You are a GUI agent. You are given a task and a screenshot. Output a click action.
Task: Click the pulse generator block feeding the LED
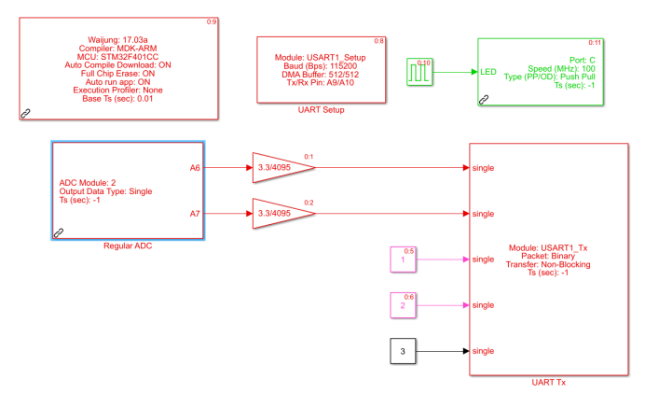[419, 71]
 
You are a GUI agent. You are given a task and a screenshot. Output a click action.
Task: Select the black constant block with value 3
[403, 351]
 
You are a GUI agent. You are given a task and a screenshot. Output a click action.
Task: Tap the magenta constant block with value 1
[403, 260]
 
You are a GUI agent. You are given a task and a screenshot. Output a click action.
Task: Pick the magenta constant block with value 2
[403, 305]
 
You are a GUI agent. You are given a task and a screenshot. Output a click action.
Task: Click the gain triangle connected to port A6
[280, 168]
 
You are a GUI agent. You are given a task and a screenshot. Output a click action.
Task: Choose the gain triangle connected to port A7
[280, 214]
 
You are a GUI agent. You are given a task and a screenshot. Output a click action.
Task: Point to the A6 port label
[195, 168]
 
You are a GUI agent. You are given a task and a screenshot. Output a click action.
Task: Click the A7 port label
[195, 214]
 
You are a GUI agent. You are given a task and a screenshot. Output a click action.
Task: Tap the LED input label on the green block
[488, 71]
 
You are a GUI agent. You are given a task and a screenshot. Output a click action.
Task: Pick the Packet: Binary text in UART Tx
[550, 256]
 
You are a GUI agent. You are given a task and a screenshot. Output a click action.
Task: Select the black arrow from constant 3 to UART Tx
[443, 351]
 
